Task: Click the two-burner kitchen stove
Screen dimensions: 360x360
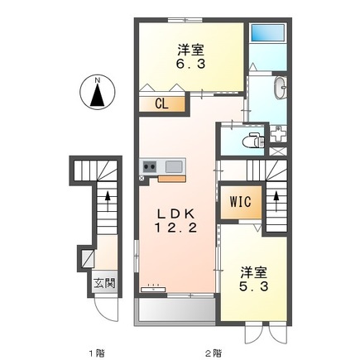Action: (150, 166)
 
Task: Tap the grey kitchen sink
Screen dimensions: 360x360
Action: (171, 166)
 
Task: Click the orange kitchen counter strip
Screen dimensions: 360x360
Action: (173, 176)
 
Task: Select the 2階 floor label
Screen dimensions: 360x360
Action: (214, 351)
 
